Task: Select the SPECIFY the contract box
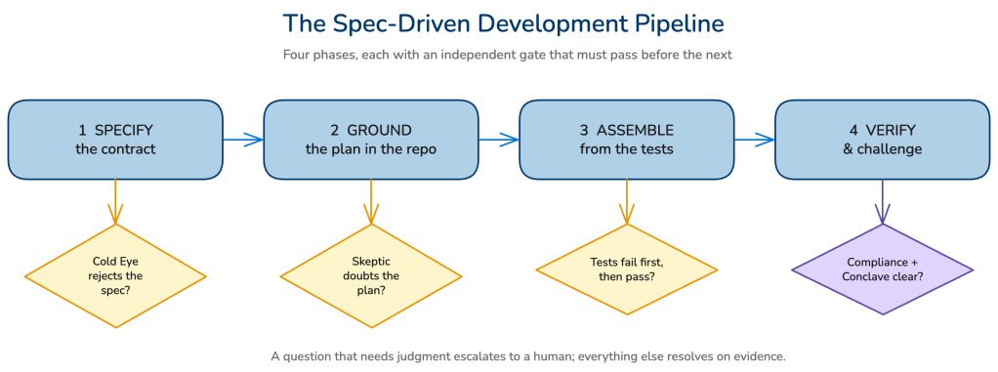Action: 115,140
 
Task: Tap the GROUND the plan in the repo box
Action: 371,140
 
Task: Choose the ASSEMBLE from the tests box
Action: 627,140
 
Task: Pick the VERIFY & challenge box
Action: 882,140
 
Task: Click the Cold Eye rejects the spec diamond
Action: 115,276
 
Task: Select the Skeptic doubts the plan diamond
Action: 371,276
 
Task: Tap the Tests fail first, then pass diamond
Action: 627,269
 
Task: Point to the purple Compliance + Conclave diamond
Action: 882,269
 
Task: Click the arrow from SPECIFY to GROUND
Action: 244,140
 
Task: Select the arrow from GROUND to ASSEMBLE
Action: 500,140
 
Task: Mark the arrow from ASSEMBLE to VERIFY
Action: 755,140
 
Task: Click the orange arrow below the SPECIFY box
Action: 115,202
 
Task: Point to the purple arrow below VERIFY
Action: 882,202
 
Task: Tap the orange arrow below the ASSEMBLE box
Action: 627,202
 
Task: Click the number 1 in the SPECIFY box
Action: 82,131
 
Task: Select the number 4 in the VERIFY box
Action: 853,131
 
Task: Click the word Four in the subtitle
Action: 295,55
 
